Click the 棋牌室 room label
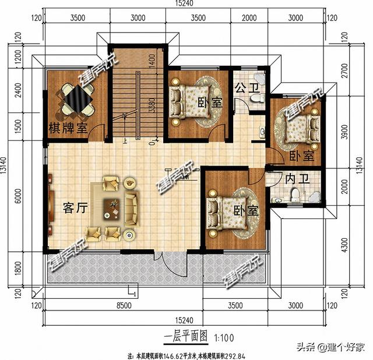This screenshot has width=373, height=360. pos(68,128)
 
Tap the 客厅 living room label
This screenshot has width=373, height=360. pos(75,207)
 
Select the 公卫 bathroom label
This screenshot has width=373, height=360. pos(246,89)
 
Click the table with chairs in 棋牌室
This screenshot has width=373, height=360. pos(76,100)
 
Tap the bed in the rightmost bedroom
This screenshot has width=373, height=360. pos(298,125)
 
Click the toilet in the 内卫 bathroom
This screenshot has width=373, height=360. pos(295,195)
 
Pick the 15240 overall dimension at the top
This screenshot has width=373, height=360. pos(186,4)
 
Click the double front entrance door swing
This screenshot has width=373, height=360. pos(168,263)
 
